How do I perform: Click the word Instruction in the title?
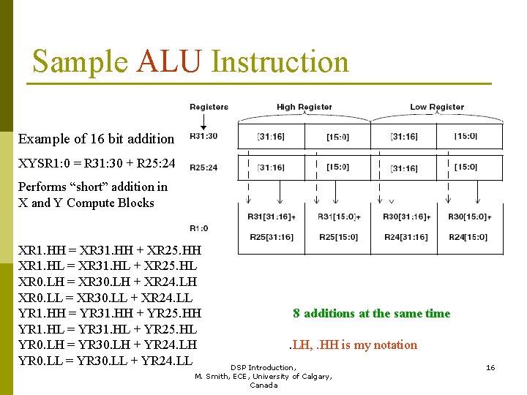280,61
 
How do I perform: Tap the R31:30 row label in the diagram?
203,136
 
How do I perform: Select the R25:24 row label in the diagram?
203,168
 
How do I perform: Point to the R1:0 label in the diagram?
199,228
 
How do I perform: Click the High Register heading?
304,107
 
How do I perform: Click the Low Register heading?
437,107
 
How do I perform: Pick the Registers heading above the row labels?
209,107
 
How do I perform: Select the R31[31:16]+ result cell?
272,217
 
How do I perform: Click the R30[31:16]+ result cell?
406,217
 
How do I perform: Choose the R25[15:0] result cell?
337,237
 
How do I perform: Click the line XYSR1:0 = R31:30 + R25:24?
97,169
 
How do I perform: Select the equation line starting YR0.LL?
105,361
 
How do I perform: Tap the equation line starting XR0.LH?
107,282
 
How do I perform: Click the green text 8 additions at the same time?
371,314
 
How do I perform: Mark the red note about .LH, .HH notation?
353,345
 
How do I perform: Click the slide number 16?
490,367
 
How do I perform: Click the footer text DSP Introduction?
263,367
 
